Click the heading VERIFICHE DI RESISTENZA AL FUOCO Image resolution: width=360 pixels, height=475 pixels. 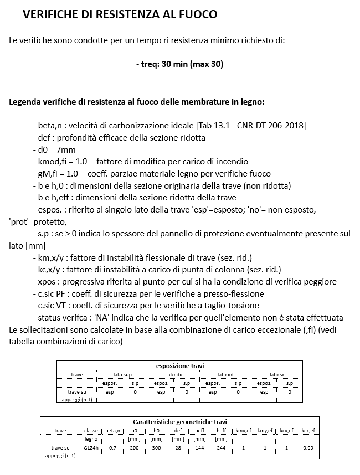point(120,14)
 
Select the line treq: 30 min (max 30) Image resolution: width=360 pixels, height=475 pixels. point(179,64)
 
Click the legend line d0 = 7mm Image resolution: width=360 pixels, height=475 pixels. point(54,149)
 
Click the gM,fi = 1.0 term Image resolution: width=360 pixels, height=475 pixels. point(54,174)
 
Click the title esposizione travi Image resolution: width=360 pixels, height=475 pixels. point(179,366)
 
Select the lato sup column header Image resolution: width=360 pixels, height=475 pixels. point(122,375)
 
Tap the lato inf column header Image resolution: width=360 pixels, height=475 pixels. point(225,375)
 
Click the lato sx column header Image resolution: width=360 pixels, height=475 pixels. point(277,375)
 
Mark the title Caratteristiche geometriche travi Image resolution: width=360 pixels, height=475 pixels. point(179,421)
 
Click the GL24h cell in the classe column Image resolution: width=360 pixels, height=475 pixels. point(91,448)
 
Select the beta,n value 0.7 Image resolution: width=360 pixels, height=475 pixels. point(112,448)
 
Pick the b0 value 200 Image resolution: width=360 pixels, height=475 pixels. point(134,448)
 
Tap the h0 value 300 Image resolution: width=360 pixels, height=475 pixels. point(156,448)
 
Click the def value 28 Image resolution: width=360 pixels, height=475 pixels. point(178,448)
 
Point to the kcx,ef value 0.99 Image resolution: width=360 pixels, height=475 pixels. point(308,448)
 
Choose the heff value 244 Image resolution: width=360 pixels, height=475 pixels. point(221,448)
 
